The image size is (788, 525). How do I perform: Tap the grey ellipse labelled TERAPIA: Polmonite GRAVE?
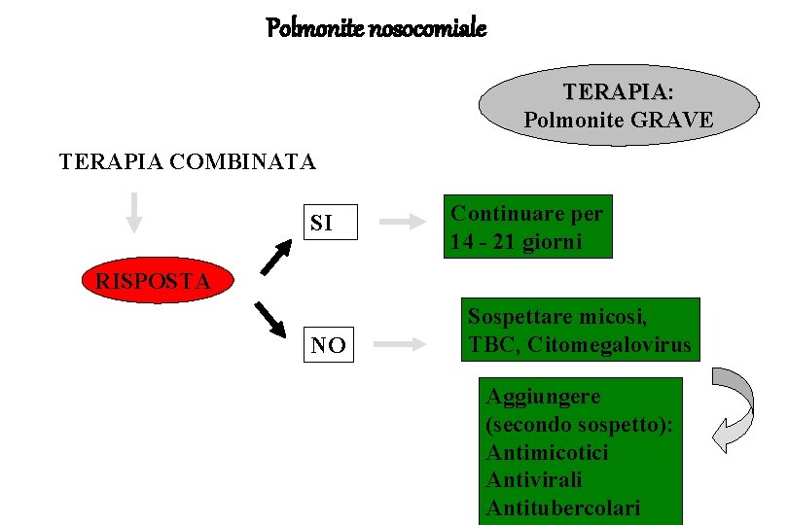[619, 105]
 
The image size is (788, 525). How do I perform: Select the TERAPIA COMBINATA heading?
[188, 161]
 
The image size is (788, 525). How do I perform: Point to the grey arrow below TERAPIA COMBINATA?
[134, 212]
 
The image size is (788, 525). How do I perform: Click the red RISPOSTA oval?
[153, 282]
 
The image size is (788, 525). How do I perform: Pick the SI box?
[329, 223]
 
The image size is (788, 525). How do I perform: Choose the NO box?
[328, 344]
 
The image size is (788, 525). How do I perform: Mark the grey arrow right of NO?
[400, 344]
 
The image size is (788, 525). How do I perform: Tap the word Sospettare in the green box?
[518, 316]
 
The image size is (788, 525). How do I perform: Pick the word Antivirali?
[534, 480]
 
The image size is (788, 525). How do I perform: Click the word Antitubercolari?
[563, 508]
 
